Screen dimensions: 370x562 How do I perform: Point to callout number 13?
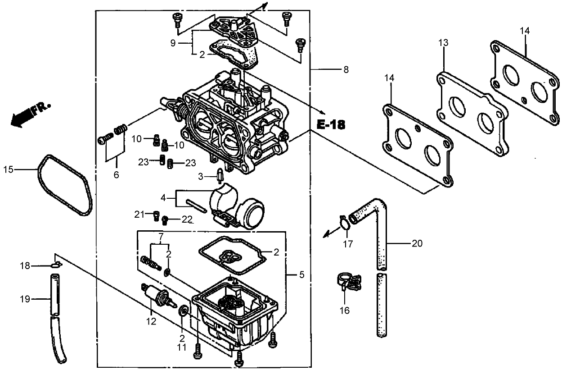443,43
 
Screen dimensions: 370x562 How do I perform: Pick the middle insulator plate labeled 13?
472,113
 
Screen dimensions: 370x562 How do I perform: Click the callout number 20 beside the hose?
417,244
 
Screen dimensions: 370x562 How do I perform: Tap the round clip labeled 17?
344,222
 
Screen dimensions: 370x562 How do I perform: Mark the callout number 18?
25,266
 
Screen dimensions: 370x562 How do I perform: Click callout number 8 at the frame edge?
346,70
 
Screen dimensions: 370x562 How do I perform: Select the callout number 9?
172,43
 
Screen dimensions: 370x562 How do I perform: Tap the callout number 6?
116,175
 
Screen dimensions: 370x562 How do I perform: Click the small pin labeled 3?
220,175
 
